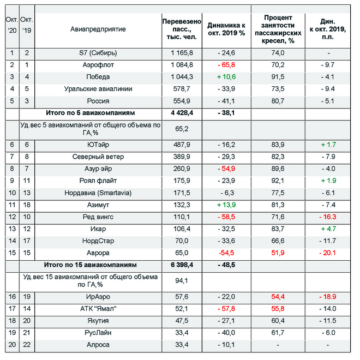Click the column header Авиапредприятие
pyautogui.click(x=98, y=29)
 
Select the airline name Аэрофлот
pyautogui.click(x=98, y=65)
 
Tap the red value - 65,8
pyautogui.click(x=226, y=65)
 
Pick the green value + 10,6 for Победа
pyautogui.click(x=226, y=77)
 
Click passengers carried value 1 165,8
pyautogui.click(x=182, y=53)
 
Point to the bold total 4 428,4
pyautogui.click(x=182, y=113)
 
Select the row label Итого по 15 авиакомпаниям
pyautogui.click(x=90, y=265)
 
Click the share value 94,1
pyautogui.click(x=182, y=280)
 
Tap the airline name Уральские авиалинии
pyautogui.click(x=98, y=89)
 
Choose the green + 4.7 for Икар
pyautogui.click(x=328, y=229)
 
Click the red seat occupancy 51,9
pyautogui.click(x=278, y=253)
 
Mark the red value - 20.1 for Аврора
pyautogui.click(x=328, y=253)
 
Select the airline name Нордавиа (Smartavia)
pyautogui.click(x=98, y=193)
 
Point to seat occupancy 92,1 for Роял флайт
pyautogui.click(x=278, y=181)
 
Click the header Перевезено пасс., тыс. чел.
pyautogui.click(x=182, y=29)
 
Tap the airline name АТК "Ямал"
pyautogui.click(x=98, y=309)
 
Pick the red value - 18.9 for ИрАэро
pyautogui.click(x=328, y=297)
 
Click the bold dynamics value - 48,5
pyautogui.click(x=226, y=265)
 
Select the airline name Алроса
pyautogui.click(x=98, y=345)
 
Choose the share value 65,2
pyautogui.click(x=182, y=129)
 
